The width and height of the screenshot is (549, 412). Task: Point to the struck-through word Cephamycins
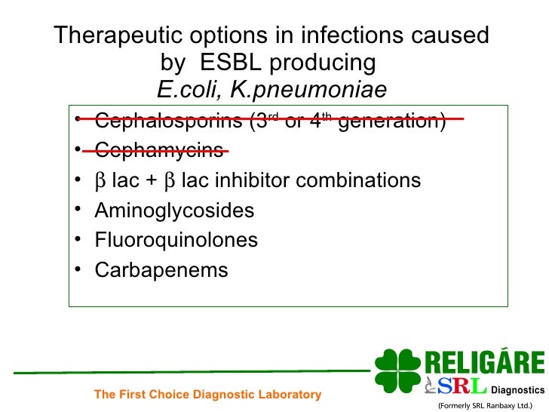click(x=158, y=150)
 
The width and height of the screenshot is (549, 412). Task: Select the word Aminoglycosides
click(x=174, y=211)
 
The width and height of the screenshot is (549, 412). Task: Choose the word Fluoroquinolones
click(x=176, y=241)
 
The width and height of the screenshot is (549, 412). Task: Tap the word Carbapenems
click(x=161, y=270)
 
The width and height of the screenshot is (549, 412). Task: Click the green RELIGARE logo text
click(x=484, y=362)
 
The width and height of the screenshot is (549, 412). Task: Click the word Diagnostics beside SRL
click(x=517, y=390)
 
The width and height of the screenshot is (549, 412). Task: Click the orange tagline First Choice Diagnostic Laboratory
click(x=207, y=394)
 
